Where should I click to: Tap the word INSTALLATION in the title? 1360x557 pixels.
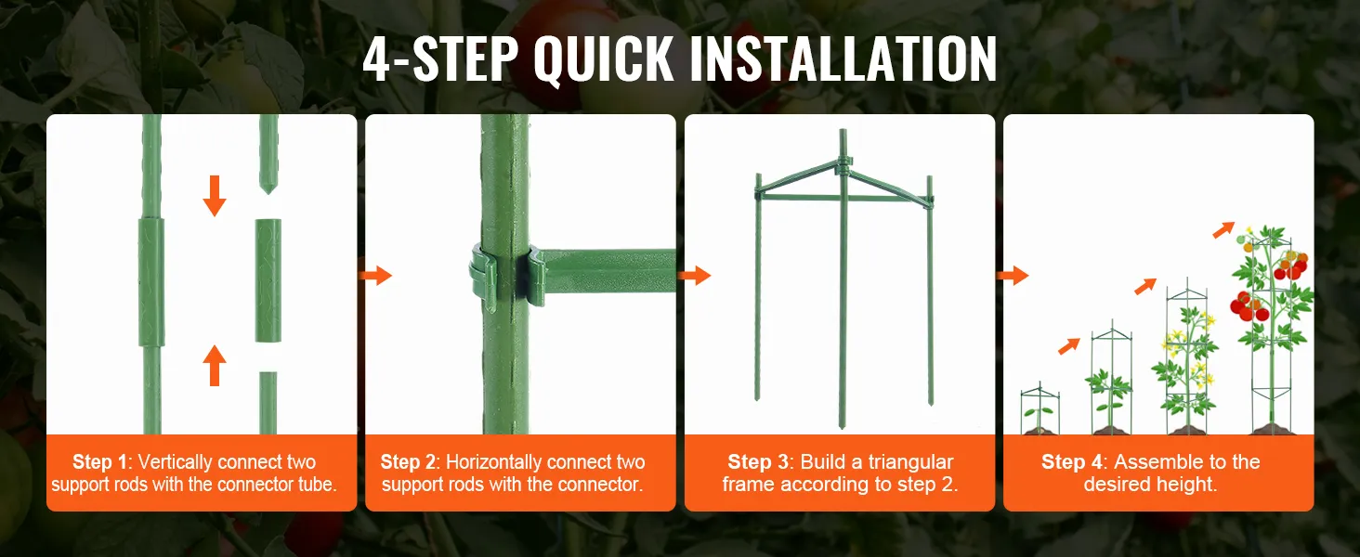[x=843, y=58]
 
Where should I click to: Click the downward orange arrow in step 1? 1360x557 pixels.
[x=215, y=195]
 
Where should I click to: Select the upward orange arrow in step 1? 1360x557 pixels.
[x=215, y=365]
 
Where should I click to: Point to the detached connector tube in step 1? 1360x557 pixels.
[x=268, y=281]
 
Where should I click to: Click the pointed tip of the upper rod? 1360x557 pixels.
[x=268, y=192]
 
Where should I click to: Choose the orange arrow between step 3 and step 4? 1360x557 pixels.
[x=1013, y=276]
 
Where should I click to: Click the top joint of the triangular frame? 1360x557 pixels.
[x=843, y=163]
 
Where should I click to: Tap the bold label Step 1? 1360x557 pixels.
[x=100, y=462]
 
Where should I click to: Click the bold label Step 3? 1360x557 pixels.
[x=755, y=462]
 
